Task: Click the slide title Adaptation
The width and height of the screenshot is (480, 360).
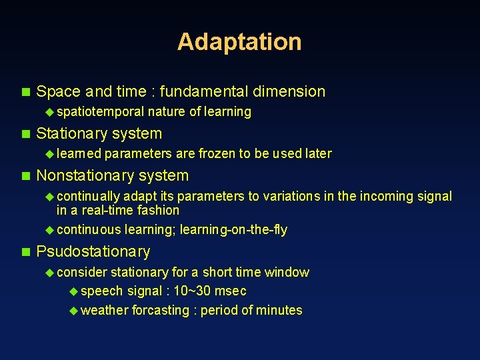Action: click(x=239, y=41)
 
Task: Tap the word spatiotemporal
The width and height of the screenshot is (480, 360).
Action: click(x=101, y=111)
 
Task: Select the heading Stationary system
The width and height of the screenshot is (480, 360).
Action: click(x=99, y=133)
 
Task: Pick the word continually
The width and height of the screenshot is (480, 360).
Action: click(x=89, y=196)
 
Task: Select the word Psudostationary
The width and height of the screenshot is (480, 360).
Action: click(x=93, y=251)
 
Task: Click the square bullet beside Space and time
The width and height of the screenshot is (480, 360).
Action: click(x=26, y=92)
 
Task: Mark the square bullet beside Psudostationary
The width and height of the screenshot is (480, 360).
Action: click(x=26, y=252)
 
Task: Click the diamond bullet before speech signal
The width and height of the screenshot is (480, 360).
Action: click(x=73, y=291)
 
